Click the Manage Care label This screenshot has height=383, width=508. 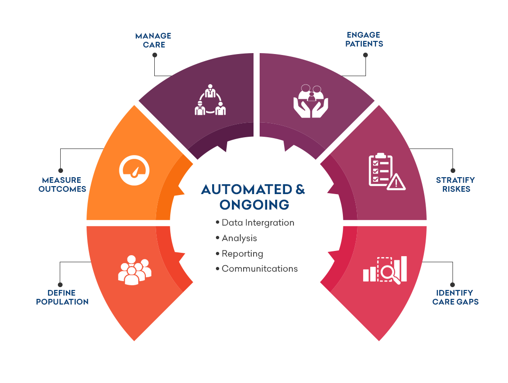click(153, 40)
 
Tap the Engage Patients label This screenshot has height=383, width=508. click(364, 39)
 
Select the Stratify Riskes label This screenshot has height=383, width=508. click(455, 184)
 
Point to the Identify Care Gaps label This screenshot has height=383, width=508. click(455, 297)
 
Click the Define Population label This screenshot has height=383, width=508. click(62, 297)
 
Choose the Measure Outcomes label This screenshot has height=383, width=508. click(62, 184)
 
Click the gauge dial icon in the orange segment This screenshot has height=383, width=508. click(134, 171)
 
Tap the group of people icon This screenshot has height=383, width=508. click(135, 270)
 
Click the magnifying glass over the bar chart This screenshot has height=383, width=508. click(391, 273)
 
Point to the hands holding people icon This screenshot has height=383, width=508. click(311, 101)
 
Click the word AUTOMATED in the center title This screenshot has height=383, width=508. click(246, 189)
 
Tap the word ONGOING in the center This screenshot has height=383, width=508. click(254, 204)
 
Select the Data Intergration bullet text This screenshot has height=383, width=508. click(258, 223)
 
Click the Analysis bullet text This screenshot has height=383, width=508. click(239, 238)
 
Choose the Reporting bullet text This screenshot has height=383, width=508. click(242, 254)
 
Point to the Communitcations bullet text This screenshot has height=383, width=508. click(260, 269)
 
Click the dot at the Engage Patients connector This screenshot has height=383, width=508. click(365, 55)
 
